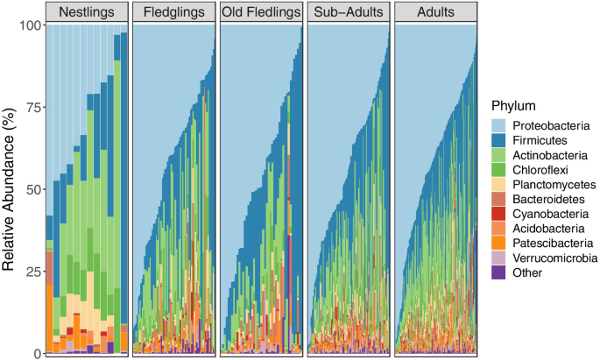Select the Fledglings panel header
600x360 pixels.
pos(173,12)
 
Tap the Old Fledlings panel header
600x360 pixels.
pos(260,12)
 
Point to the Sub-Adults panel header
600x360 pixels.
pos(348,12)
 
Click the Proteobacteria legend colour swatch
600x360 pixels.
pos(498,126)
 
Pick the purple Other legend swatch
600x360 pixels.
pos(498,272)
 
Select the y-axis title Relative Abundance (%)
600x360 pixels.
pos(9,188)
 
